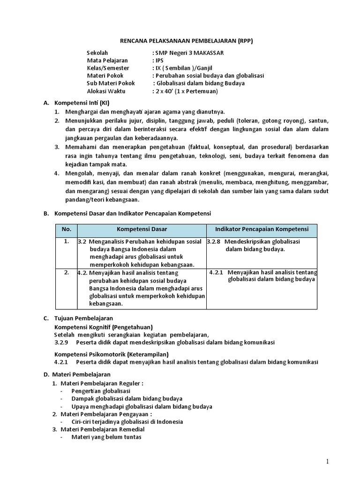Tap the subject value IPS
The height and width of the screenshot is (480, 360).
coord(160,60)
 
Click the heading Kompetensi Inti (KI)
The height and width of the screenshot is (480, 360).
coord(82,103)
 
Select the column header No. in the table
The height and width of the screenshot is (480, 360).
coord(66,229)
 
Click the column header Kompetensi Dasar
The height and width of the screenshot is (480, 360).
coord(142,229)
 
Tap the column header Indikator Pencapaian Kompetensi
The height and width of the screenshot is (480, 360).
coord(262,229)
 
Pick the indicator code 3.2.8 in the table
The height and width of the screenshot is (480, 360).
coord(215,242)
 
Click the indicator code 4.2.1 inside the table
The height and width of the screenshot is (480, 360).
coord(217,272)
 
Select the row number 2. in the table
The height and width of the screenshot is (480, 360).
coord(67,272)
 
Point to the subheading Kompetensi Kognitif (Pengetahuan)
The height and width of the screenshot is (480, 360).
coord(104,327)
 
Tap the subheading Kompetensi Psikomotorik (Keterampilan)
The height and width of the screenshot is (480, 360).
coord(112,354)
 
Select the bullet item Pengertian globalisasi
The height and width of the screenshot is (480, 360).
coord(101,390)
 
